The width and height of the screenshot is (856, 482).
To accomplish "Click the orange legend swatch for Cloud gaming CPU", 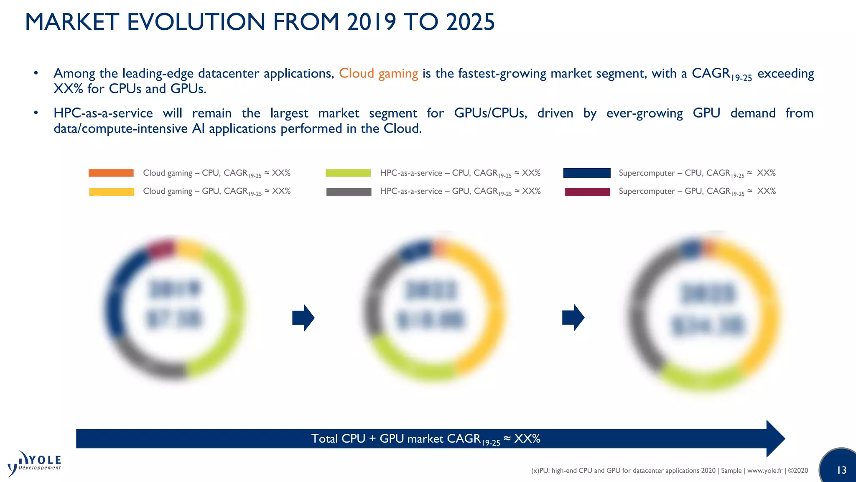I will tap(111, 173).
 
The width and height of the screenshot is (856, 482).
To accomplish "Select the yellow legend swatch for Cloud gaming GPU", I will tap(112, 192).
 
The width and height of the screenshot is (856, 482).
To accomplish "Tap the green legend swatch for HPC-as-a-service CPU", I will tap(348, 173).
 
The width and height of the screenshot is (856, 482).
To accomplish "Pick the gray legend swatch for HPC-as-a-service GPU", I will tap(349, 192).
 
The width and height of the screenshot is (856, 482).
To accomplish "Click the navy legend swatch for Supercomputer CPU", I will tap(587, 173).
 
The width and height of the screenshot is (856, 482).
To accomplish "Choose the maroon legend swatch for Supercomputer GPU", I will tap(587, 192).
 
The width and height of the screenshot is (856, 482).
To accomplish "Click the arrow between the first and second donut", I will tap(303, 318).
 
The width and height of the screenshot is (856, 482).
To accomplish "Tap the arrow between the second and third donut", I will tap(573, 318).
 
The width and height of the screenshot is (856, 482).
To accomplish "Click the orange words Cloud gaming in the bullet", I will tap(378, 74).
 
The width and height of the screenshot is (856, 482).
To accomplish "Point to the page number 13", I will tap(841, 470).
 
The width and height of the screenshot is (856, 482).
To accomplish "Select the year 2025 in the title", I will tap(470, 22).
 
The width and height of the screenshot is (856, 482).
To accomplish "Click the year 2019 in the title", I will tap(371, 22).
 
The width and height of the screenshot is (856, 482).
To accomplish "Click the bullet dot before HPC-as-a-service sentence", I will tap(36, 113).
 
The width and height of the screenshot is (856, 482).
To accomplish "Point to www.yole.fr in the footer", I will tap(764, 471).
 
